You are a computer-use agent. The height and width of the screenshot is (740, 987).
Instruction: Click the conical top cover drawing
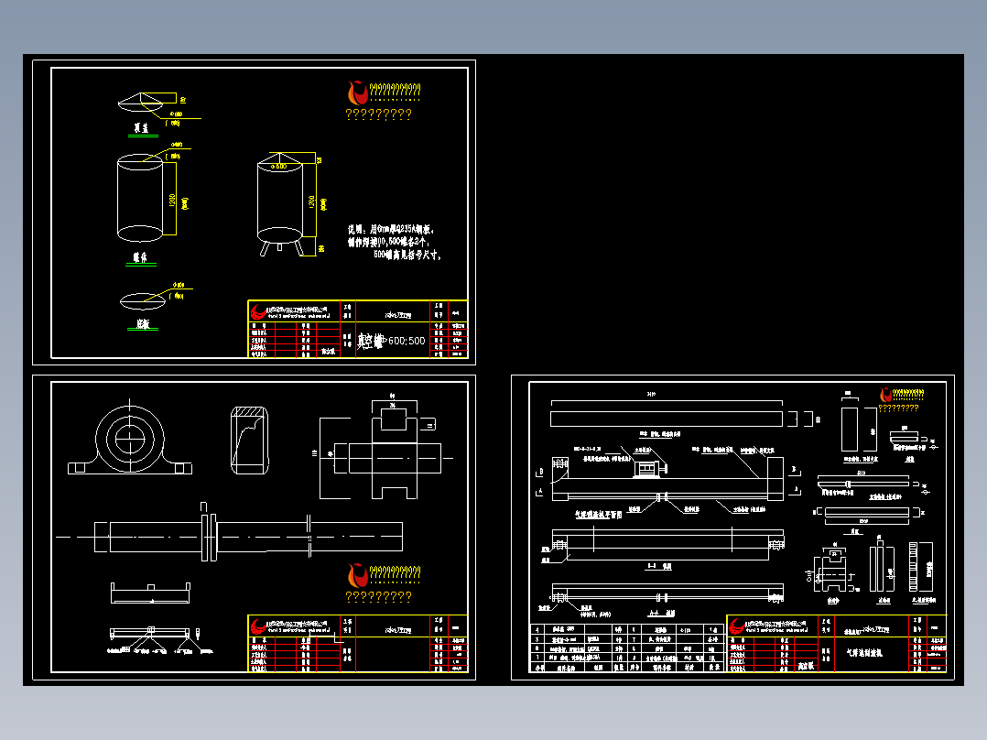pyautogui.click(x=146, y=102)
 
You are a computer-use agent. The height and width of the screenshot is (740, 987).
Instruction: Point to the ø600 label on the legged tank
pyautogui.click(x=287, y=167)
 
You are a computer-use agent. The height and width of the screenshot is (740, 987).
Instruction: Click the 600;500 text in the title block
pyautogui.click(x=407, y=341)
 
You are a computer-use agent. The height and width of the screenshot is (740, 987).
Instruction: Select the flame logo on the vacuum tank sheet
pyautogui.click(x=356, y=92)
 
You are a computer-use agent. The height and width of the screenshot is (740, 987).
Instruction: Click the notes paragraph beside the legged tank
pyautogui.click(x=396, y=242)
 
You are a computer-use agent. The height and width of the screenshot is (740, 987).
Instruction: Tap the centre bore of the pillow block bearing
pyautogui.click(x=131, y=438)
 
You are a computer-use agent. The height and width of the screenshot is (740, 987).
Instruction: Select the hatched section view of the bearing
pyautogui.click(x=248, y=441)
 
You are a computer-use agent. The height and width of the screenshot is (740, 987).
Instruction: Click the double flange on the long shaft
pyautogui.click(x=208, y=537)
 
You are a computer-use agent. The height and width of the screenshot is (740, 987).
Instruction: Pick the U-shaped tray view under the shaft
pyautogui.click(x=149, y=593)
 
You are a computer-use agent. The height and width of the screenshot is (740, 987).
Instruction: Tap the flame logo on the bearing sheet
pyautogui.click(x=356, y=575)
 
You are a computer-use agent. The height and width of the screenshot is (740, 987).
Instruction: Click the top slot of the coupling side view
pyautogui.click(x=395, y=419)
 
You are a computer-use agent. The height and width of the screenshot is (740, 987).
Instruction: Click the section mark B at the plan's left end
pyautogui.click(x=540, y=471)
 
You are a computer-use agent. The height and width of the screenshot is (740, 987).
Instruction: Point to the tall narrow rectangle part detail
pyautogui.click(x=849, y=426)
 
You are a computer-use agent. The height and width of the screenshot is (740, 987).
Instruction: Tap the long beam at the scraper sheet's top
pyautogui.click(x=667, y=418)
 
